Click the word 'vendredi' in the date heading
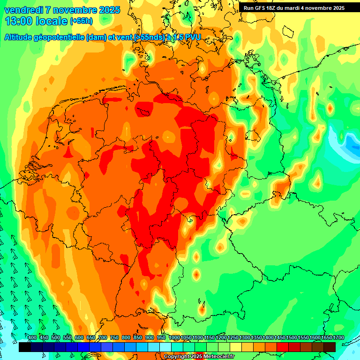tap(24, 10)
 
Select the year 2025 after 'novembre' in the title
tap(109, 10)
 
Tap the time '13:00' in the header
tap(19, 21)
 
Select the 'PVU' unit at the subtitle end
tap(192, 37)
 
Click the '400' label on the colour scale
tap(32, 338)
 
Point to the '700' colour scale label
tap(103, 338)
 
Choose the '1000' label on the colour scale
tap(174, 338)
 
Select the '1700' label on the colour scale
tap(327, 338)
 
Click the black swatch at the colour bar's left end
tap(25, 347)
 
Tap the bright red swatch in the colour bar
tap(283, 347)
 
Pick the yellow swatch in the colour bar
tap(236, 347)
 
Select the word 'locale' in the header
tap(51, 21)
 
